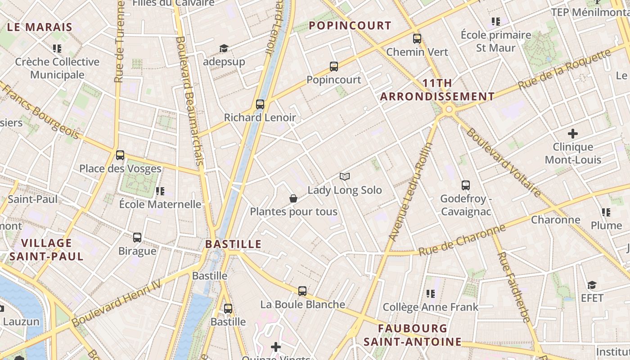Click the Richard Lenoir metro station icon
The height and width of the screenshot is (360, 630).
coord(260,104)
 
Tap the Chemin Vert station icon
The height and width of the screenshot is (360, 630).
coord(417,39)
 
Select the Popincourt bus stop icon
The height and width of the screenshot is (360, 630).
coord(334,67)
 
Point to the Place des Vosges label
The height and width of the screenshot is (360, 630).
coord(120,169)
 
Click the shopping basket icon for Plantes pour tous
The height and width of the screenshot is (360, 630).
coord(293,198)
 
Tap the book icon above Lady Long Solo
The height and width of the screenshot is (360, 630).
coord(345,177)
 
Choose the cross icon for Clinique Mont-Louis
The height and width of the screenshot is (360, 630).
coord(573,134)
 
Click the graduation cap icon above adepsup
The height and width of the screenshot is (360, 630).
coord(224,48)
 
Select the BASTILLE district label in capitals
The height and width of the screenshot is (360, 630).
coord(233,244)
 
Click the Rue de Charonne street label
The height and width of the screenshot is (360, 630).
coord(462,240)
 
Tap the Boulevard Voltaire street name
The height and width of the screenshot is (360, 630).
coord(504,162)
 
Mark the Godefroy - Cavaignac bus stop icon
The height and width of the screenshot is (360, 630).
coord(466,185)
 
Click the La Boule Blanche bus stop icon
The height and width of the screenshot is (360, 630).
coord(302,291)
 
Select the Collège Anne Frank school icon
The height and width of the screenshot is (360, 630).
coord(431,294)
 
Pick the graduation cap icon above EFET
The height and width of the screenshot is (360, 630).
coord(592,285)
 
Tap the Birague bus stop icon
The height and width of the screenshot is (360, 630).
coord(137,238)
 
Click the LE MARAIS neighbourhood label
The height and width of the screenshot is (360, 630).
coord(40,27)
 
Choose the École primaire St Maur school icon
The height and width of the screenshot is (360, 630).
coord(496,21)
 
